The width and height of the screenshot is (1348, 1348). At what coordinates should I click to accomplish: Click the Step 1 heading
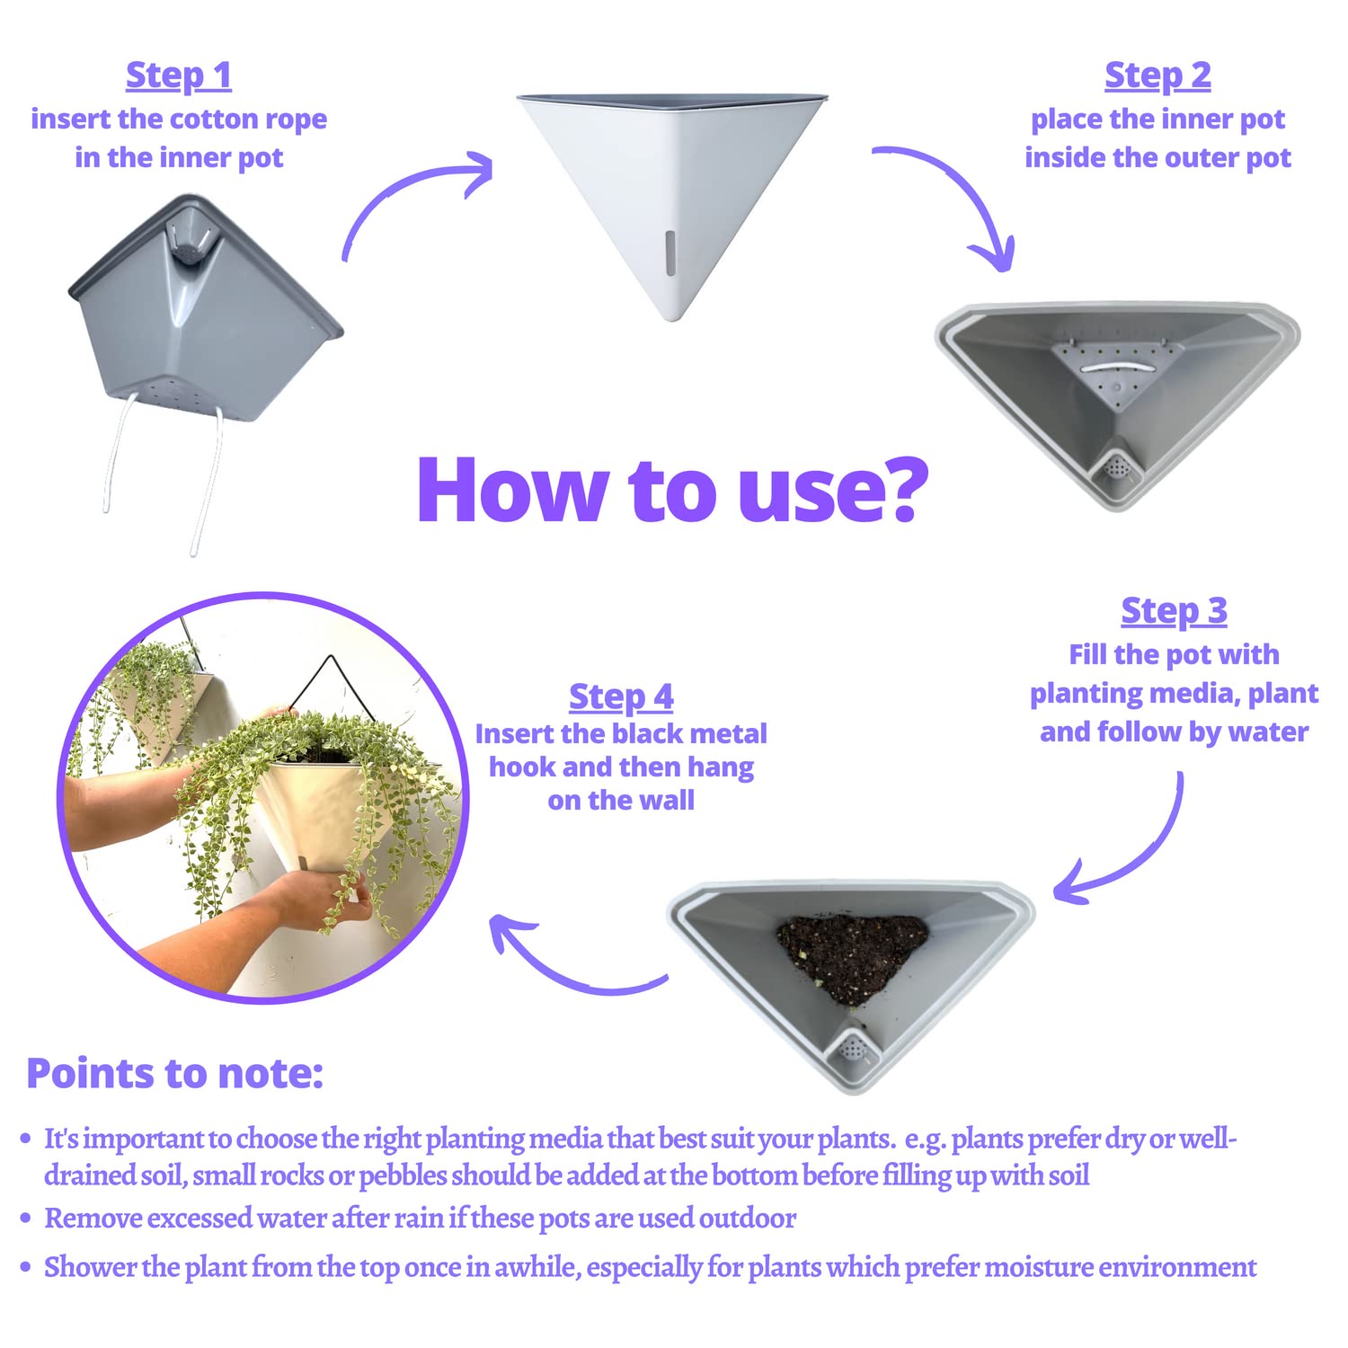point(179,75)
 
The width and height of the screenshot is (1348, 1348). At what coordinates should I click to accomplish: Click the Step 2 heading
point(1157,75)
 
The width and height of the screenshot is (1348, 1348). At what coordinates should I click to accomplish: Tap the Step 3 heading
point(1174,611)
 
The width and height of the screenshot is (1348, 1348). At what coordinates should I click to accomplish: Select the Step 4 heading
point(621,696)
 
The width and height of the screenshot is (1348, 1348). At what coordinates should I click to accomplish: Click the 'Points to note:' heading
point(174,1073)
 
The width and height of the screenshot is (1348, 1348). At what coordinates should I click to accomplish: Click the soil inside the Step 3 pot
point(851,956)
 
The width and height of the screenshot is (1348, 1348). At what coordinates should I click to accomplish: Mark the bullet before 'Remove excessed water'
point(26,1219)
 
